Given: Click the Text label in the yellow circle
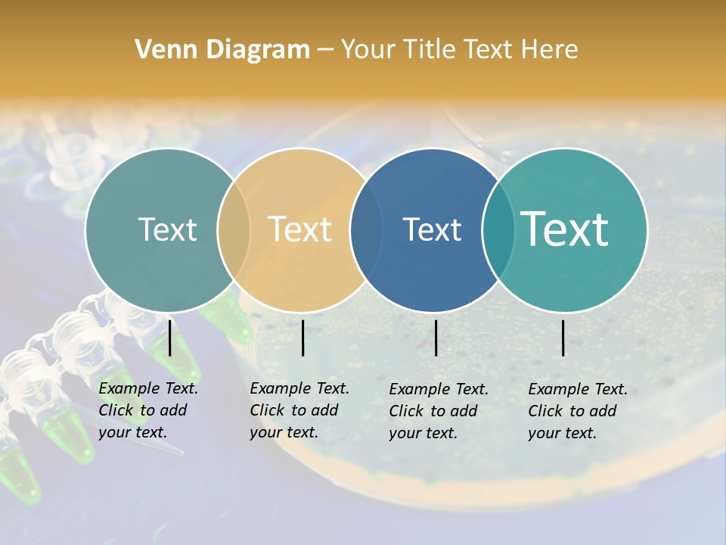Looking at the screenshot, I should (300, 229).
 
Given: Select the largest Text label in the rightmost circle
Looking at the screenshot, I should (565, 229).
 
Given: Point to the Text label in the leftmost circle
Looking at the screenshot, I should (167, 229).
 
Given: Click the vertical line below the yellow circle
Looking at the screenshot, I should (302, 338).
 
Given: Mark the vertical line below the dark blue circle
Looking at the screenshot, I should (436, 338).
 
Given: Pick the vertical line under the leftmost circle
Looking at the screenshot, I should (170, 338).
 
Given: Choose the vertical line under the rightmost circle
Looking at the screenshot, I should (563, 338).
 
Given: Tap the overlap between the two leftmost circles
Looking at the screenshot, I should (234, 230).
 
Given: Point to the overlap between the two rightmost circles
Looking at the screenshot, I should (498, 230).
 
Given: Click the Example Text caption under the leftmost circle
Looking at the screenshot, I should (148, 410).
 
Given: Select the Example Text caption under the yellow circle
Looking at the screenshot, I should (299, 410).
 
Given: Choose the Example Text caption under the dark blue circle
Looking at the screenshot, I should (439, 411).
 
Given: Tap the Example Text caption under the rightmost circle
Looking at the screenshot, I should (578, 411).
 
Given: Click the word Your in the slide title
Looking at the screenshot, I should (368, 50).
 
